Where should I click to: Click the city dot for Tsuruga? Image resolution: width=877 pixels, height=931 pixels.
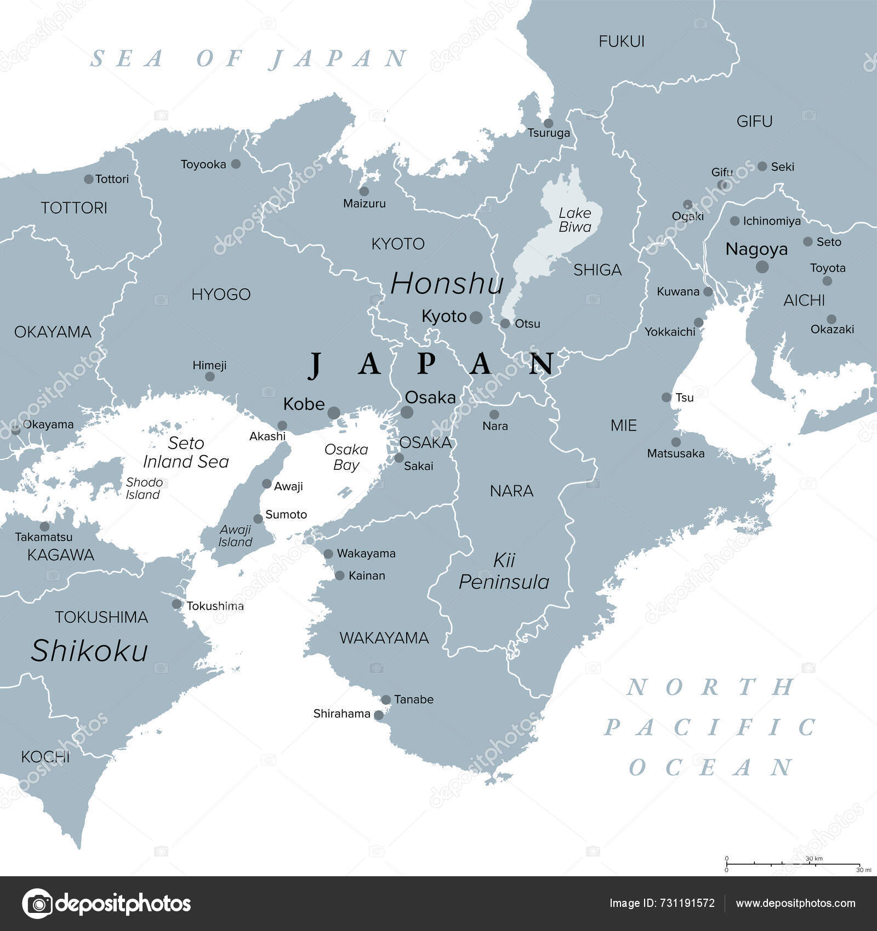tap(548, 123)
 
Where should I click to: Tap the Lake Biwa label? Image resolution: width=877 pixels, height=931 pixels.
tap(574, 220)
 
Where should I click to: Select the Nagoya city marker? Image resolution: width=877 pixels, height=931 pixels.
tap(762, 267)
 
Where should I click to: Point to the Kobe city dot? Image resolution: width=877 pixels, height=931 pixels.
tap(334, 412)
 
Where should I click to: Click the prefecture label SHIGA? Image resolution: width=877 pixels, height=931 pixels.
tap(597, 269)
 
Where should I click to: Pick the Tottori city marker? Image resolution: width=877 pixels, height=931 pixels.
tap(89, 179)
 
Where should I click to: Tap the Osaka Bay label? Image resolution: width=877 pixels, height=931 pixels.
tap(346, 457)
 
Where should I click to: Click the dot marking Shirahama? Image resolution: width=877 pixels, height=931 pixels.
tap(379, 715)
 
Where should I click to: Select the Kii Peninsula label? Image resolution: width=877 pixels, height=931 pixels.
tap(504, 571)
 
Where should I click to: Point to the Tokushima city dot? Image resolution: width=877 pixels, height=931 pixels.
tap(176, 604)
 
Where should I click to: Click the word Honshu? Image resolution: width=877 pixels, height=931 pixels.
tap(447, 284)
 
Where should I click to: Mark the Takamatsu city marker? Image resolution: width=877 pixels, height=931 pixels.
tap(44, 527)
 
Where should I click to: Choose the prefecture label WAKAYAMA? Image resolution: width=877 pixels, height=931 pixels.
tap(384, 637)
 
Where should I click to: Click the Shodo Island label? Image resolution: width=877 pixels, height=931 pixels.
tap(144, 488)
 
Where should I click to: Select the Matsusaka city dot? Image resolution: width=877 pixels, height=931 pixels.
tap(676, 442)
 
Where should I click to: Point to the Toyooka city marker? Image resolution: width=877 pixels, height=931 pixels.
tap(236, 164)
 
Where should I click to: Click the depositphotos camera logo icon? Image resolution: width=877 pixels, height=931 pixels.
tap(37, 903)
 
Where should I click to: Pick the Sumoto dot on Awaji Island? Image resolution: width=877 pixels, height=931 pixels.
tap(258, 519)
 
